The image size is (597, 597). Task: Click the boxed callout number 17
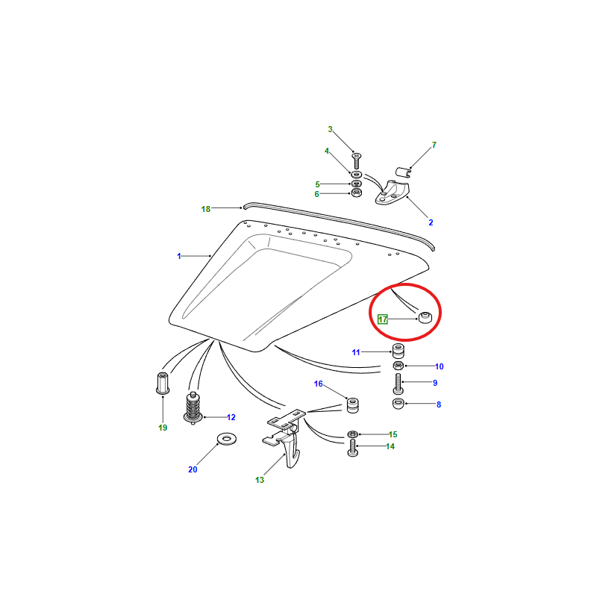[x=382, y=319]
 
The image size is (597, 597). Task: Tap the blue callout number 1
[x=179, y=256]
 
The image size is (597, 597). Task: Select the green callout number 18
[x=206, y=209]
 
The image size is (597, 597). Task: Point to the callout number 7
[x=434, y=145]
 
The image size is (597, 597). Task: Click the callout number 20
[x=193, y=469]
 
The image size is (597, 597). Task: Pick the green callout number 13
[x=260, y=480]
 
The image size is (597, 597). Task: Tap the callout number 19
[x=163, y=428]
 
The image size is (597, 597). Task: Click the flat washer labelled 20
[x=227, y=439]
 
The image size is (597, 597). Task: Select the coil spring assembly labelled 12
[x=193, y=407]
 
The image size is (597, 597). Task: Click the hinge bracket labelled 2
[x=393, y=193]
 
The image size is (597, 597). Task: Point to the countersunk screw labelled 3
[x=357, y=160]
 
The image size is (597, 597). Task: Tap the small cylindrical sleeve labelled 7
[x=403, y=172]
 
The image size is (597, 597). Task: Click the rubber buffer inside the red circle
[x=425, y=317]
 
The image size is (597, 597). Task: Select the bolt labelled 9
[x=398, y=384]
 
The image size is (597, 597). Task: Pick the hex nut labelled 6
[x=356, y=193]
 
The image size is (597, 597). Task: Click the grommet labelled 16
[x=352, y=405]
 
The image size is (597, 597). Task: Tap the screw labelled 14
[x=352, y=448]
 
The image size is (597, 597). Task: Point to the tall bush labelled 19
[x=163, y=383]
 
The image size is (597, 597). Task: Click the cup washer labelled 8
[x=398, y=403]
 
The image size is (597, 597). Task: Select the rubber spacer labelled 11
[x=398, y=351]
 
